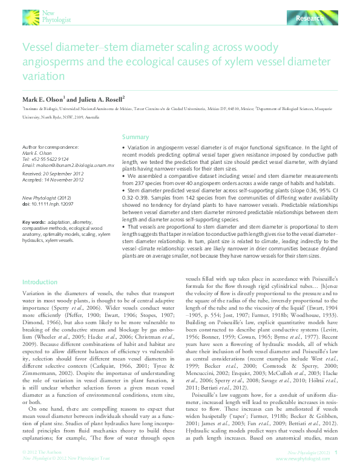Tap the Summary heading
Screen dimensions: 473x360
(x=136, y=137)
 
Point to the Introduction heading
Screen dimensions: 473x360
(x=39, y=282)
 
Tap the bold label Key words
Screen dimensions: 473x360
(x=33, y=222)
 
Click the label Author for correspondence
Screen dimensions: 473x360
(x=50, y=147)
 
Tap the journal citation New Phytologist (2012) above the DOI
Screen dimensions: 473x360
(x=47, y=198)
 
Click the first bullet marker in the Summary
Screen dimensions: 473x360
(x=123, y=148)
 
